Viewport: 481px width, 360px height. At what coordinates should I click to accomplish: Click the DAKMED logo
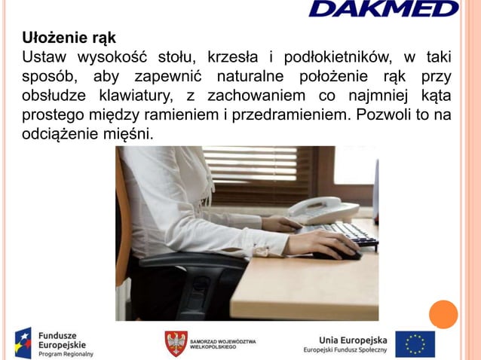point(383,9)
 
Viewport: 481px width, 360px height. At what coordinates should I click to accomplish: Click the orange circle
point(443,314)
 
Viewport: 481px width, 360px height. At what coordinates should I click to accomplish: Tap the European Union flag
point(415,343)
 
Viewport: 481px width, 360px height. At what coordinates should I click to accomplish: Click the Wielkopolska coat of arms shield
point(176,343)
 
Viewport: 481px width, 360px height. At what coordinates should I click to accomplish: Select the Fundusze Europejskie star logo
point(23,343)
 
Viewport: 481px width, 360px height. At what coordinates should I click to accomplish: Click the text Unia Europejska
point(353,338)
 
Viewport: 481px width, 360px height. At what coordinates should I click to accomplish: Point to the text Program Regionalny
point(66,353)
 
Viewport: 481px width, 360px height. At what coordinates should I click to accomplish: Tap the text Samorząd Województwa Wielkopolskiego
point(222,343)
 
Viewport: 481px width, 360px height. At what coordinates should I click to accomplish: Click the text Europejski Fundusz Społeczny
point(345,349)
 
